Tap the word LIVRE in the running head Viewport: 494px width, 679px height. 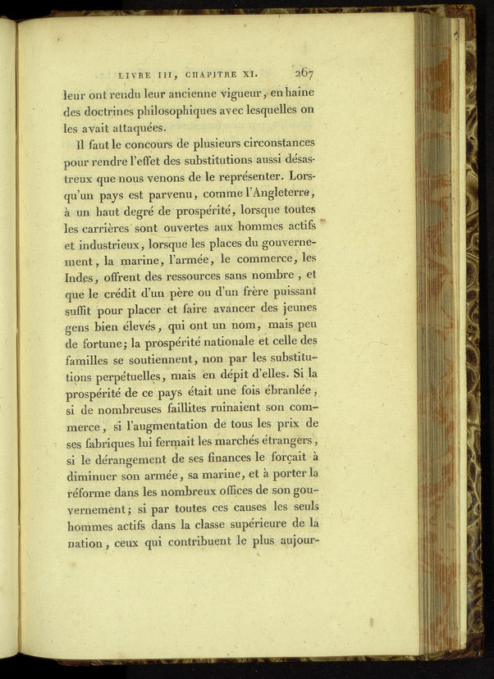pyautogui.click(x=137, y=75)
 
